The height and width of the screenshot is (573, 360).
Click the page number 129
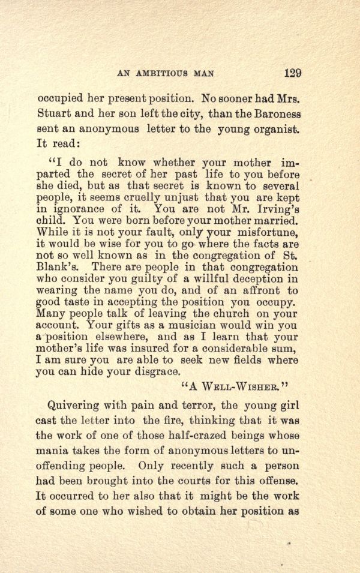[290, 73]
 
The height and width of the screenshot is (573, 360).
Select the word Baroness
[274, 113]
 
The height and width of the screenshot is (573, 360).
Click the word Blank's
[56, 267]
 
